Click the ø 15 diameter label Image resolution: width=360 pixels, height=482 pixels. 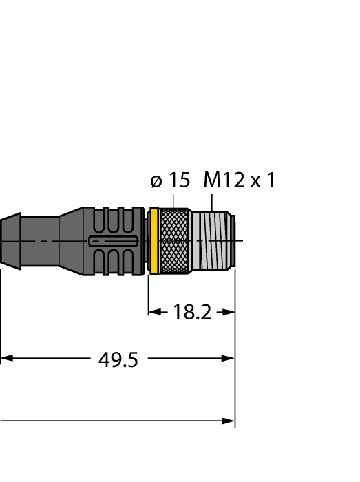tap(169, 181)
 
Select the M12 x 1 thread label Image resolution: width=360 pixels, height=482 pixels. tap(240, 181)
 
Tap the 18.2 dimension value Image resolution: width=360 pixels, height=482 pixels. tap(191, 312)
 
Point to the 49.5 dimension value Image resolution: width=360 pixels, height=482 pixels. tap(118, 359)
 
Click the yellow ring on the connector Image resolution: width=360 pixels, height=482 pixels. tap(155, 241)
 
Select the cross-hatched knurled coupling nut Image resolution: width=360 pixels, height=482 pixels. tap(174, 241)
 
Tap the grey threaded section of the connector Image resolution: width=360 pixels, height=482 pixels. tap(210, 241)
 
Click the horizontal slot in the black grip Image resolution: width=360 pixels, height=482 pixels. tap(114, 241)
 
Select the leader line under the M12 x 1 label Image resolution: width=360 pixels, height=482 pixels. tap(213, 201)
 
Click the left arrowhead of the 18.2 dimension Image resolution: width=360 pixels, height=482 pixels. tap(153, 312)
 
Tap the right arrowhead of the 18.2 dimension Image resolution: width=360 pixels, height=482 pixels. tap(230, 312)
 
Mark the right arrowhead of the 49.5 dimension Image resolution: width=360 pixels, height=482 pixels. tap(229, 359)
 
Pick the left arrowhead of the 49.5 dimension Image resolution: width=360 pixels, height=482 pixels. tap(6, 359)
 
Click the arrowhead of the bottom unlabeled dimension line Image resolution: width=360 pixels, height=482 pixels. tap(229, 420)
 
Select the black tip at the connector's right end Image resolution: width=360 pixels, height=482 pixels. tap(233, 241)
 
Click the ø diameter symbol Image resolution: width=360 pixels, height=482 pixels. tap(156, 182)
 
